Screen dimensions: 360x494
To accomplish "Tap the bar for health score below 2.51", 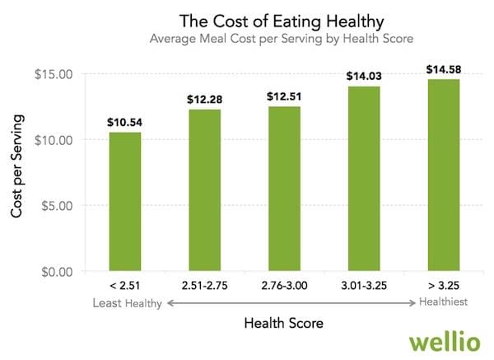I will [x=125, y=201].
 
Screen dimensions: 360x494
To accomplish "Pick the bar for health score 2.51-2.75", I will [x=205, y=189].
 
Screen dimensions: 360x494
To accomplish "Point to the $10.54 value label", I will [x=125, y=122].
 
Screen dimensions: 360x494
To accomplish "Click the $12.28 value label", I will [x=205, y=100].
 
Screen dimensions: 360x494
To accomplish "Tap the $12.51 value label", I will [x=284, y=97].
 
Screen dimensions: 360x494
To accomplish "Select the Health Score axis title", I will [x=284, y=323].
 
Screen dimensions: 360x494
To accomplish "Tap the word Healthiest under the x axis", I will [x=444, y=303].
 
